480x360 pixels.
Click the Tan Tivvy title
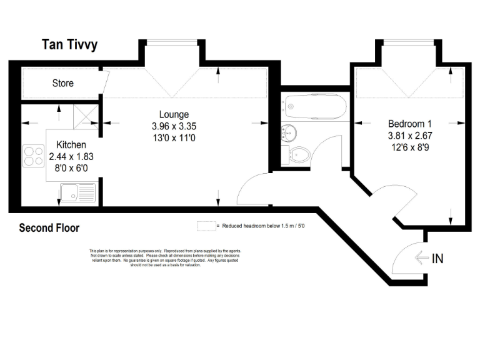pos(69,44)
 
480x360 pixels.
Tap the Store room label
pos(62,83)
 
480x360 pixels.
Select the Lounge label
pos(174,114)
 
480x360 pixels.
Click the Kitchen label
pos(71,145)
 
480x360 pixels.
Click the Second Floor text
pos(49,228)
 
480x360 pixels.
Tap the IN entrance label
pos(437,258)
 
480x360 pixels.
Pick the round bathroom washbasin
pos(289,132)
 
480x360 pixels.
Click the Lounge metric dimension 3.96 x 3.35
pos(174,126)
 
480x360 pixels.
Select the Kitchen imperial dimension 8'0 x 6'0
pos(71,168)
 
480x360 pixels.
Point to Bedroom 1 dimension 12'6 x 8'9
pos(409,147)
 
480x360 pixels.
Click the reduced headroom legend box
pos(205,226)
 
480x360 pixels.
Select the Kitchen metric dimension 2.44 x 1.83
pos(71,157)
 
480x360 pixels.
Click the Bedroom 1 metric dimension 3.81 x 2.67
pos(409,135)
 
